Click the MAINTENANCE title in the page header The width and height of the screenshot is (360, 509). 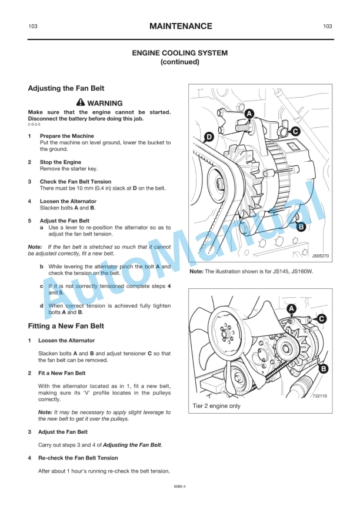pyautogui.click(x=180, y=26)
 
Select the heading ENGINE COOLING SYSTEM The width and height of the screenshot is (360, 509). pyautogui.click(x=180, y=53)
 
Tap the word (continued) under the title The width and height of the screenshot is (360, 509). pyautogui.click(x=180, y=62)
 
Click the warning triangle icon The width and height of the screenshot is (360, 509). pyautogui.click(x=81, y=103)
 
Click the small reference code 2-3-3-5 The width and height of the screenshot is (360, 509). pyautogui.click(x=34, y=125)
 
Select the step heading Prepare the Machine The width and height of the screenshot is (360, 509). pyautogui.click(x=66, y=136)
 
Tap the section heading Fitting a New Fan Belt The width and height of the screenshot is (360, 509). pyautogui.click(x=66, y=325)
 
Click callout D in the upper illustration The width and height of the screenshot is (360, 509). pyautogui.click(x=208, y=138)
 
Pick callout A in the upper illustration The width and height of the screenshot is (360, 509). pyautogui.click(x=249, y=114)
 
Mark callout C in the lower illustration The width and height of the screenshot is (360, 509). pyautogui.click(x=321, y=318)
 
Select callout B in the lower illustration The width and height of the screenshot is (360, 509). pyautogui.click(x=323, y=369)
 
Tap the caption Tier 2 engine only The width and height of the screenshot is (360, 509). pyautogui.click(x=216, y=406)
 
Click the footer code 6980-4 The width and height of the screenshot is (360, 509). pyautogui.click(x=180, y=487)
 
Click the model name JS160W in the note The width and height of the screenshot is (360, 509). pyautogui.click(x=301, y=272)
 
